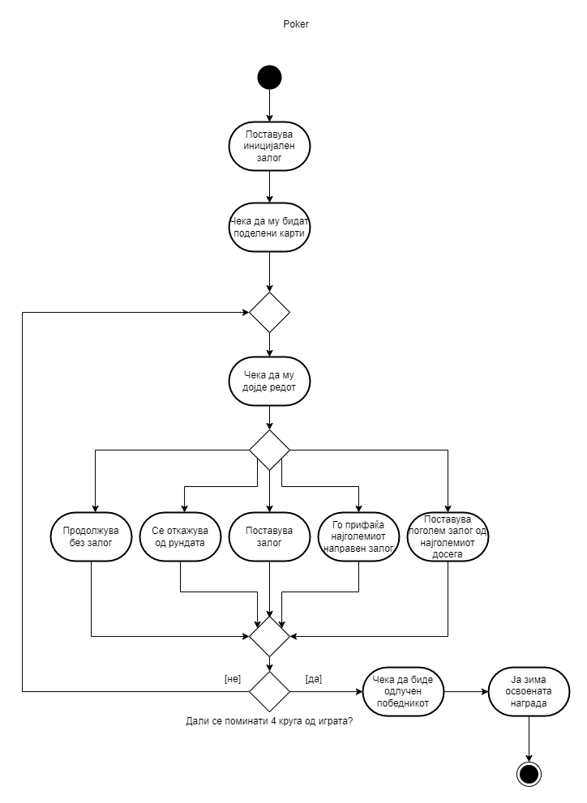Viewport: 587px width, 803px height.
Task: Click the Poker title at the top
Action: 295,24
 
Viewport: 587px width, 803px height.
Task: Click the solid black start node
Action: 269,77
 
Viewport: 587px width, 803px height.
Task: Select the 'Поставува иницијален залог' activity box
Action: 269,146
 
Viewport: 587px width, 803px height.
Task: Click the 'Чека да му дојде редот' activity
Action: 269,380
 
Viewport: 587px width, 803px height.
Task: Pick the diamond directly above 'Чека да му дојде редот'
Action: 269,312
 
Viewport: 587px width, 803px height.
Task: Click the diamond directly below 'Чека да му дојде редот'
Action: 269,450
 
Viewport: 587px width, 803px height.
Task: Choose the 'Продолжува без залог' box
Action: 92,536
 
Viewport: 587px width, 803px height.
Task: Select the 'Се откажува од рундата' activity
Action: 180,536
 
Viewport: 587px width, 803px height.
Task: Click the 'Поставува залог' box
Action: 269,536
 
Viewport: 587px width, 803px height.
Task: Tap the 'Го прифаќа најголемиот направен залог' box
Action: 358,536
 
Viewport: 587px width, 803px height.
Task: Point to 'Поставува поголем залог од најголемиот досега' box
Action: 448,536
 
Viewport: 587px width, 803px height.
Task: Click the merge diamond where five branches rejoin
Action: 269,636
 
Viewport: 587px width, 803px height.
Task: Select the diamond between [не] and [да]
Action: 269,691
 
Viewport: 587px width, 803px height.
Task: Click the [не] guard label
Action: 232,679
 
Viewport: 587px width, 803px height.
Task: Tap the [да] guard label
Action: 314,679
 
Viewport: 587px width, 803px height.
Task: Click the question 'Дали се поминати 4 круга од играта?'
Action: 269,720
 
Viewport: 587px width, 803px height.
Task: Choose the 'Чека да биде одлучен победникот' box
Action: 404,691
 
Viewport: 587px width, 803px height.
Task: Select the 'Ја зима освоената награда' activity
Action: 529,691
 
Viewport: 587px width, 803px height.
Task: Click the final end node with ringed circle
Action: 529,774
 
